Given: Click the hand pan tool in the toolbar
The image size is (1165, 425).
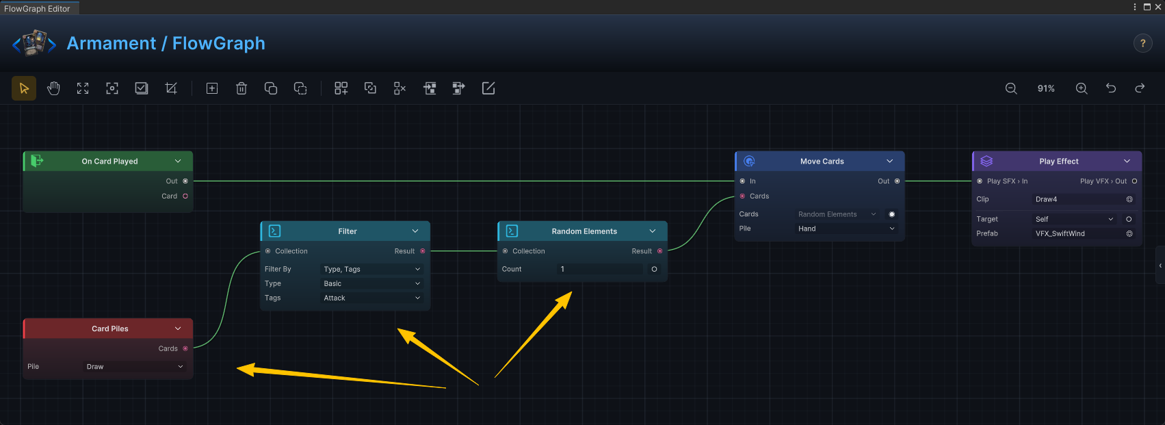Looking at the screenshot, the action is coord(53,88).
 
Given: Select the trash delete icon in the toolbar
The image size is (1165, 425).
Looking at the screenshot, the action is coord(241,88).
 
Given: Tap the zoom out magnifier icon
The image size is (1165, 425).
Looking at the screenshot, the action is coord(1011,88).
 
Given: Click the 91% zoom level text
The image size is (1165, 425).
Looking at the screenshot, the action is coord(1046,88).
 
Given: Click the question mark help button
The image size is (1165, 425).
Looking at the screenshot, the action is coord(1142,43).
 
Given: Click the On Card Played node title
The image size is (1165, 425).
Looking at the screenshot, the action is coord(109,162).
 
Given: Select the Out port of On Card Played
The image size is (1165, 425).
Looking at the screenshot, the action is coord(185,181).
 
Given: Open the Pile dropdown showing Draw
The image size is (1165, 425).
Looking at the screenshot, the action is coord(135,367).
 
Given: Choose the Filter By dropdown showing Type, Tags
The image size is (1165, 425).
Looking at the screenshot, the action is coord(371,269).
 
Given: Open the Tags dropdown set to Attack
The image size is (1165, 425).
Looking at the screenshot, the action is coord(371,298).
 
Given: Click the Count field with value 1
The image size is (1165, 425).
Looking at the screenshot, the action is coord(600,269).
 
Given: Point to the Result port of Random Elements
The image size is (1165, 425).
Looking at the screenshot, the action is coord(660,251).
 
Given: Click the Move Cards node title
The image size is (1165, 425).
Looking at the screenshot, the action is coord(822,162).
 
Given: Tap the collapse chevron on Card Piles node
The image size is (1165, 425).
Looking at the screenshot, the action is coord(178,329).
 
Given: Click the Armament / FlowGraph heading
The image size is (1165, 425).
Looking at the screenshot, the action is coord(166,43).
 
